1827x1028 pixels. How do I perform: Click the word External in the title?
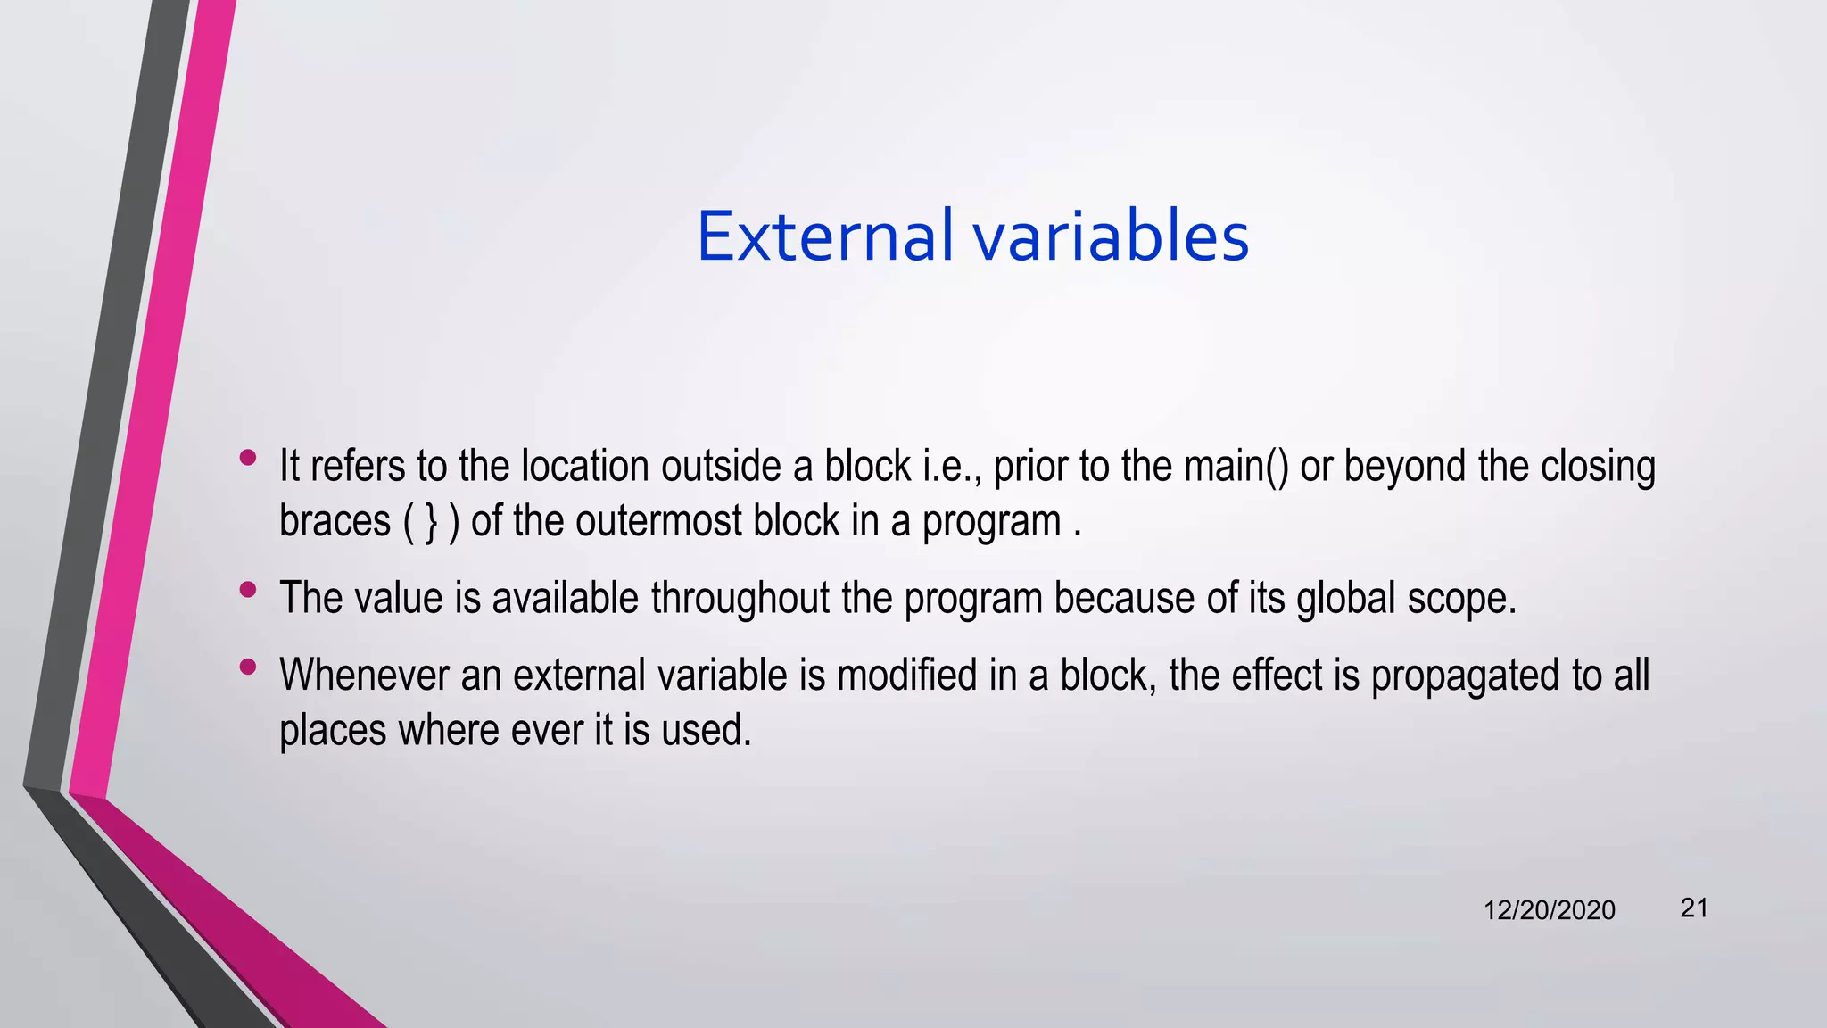click(x=824, y=236)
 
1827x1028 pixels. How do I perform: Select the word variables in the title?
click(x=1110, y=236)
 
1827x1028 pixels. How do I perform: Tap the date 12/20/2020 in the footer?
click(x=1549, y=910)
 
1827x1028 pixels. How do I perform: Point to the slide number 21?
click(x=1694, y=908)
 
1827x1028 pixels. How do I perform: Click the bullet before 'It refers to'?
click(x=248, y=459)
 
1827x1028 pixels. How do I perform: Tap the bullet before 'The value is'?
click(x=248, y=589)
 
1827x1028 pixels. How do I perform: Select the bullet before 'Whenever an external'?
click(x=248, y=667)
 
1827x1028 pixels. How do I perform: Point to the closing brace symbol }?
click(x=432, y=522)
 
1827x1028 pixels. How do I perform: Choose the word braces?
click(x=335, y=521)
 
